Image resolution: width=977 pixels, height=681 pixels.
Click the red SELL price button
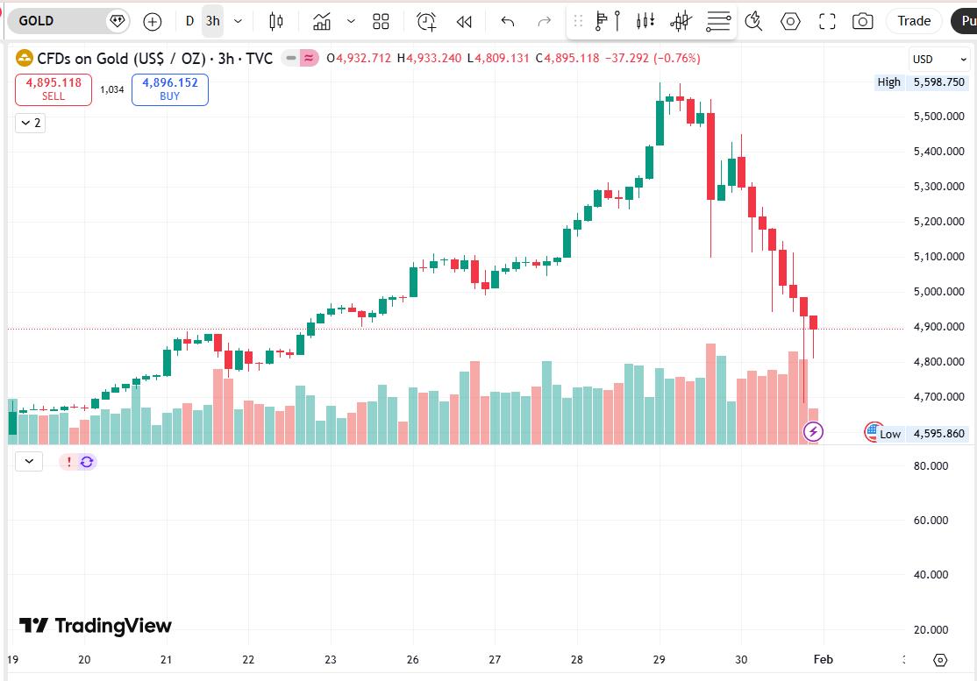53,89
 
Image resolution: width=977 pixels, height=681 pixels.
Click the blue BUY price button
169,89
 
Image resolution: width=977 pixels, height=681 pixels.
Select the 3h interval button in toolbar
212,21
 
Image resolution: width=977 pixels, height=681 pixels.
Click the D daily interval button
189,21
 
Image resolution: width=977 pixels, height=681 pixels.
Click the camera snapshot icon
863,21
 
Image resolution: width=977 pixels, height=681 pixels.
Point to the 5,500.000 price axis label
939,117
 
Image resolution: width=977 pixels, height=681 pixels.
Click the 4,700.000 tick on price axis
939,397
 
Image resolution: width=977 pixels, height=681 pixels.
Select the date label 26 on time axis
412,660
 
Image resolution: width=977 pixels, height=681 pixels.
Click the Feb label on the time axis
824,660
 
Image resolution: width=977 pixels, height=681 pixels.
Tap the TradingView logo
96,626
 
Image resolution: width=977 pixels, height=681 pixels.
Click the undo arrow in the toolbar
507,21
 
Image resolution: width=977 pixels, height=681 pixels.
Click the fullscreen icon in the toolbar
826,21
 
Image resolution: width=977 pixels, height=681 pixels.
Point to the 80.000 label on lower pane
931,466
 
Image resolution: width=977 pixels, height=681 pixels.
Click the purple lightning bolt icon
814,431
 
